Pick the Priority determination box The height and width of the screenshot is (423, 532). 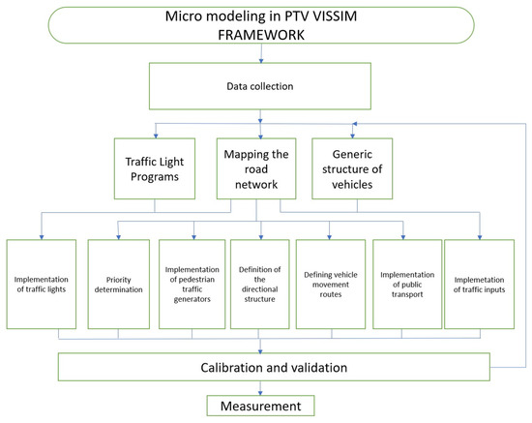[x=118, y=284]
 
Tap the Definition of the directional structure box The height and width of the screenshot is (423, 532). [x=260, y=284]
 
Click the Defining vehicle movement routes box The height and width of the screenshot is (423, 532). [x=331, y=284]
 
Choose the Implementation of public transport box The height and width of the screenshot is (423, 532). [x=403, y=284]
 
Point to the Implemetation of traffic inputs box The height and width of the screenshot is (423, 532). [x=478, y=284]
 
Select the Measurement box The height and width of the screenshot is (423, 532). [x=260, y=406]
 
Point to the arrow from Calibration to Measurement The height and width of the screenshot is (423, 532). [x=260, y=386]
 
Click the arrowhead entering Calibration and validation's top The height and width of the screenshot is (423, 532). [x=260, y=350]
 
